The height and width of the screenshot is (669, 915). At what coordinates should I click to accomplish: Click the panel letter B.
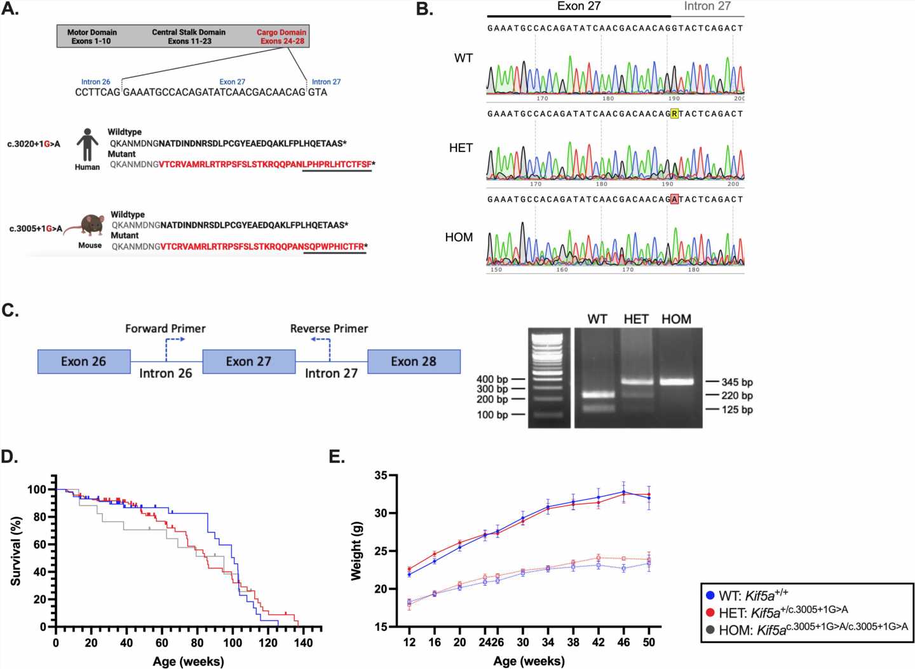click(x=424, y=10)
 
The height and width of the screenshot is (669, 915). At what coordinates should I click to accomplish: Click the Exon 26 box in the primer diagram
click(x=84, y=361)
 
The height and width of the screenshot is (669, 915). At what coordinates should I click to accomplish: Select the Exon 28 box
click(x=414, y=361)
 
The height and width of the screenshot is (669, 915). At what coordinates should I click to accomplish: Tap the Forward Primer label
click(x=165, y=329)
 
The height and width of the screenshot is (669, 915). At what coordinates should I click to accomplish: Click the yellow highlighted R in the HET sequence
click(x=674, y=114)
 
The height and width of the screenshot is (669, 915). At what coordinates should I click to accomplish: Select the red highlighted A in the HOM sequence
click(x=674, y=199)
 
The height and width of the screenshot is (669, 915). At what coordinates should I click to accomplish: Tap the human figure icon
click(x=87, y=145)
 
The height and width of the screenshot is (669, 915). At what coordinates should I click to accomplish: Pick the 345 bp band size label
click(x=737, y=382)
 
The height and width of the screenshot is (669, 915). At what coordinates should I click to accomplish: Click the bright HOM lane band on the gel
click(x=676, y=382)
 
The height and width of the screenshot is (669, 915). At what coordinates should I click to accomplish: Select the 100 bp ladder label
click(x=492, y=415)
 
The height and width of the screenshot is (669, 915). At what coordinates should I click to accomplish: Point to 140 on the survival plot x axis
click(x=303, y=643)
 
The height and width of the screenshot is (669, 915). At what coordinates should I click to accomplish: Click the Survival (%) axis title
click(x=16, y=551)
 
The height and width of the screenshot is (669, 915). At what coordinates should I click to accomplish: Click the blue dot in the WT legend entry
click(x=710, y=596)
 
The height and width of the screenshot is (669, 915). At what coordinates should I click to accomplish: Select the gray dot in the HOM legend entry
click(x=710, y=629)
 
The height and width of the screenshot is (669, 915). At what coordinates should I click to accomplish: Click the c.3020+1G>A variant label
click(x=34, y=144)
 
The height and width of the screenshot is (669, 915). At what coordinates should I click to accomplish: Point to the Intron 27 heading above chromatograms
click(x=707, y=6)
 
